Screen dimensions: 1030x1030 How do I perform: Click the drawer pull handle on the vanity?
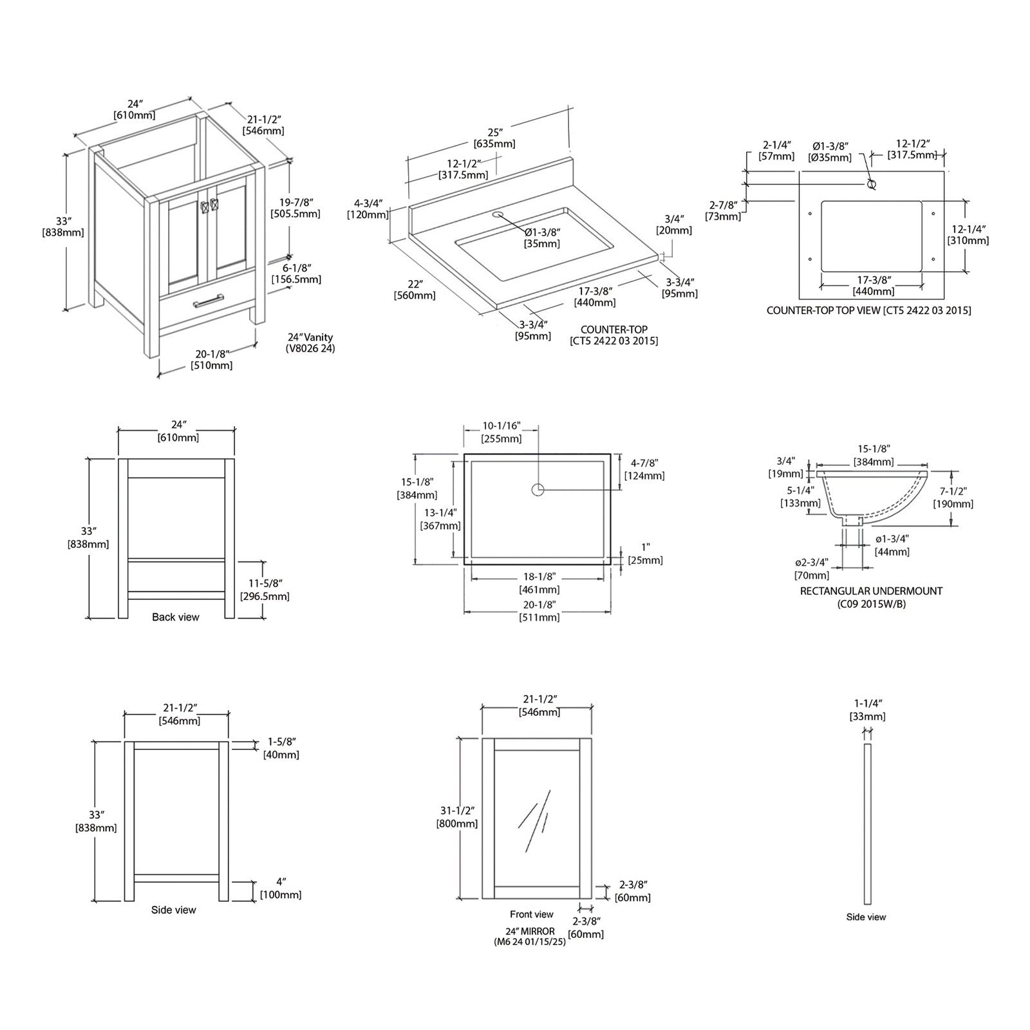tap(208, 300)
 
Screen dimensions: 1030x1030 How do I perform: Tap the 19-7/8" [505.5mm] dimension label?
tap(295, 207)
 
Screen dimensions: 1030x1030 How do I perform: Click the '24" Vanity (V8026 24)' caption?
tap(310, 343)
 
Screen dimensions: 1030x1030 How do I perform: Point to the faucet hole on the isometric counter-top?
tap(497, 214)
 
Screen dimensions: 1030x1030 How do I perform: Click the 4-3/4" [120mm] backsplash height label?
tap(368, 209)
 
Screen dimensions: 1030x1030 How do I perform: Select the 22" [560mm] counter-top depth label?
tap(415, 290)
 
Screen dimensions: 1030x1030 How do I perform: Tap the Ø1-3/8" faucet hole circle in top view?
tap(872, 184)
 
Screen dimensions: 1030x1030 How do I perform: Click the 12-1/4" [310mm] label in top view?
tap(968, 234)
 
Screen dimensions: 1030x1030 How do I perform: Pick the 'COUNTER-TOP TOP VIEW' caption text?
tap(868, 310)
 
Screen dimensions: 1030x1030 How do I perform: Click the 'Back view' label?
tap(176, 617)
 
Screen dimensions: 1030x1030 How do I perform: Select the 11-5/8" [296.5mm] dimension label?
tap(265, 590)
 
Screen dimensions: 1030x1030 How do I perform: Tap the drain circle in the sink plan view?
tap(538, 489)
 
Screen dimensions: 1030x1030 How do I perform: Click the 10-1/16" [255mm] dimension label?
tap(501, 433)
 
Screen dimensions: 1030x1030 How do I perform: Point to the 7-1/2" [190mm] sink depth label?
tap(953, 498)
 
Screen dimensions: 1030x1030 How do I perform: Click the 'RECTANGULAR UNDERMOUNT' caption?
tap(871, 590)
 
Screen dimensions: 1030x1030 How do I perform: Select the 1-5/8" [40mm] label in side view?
tap(281, 748)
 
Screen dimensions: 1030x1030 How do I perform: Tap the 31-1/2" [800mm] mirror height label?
tap(457, 817)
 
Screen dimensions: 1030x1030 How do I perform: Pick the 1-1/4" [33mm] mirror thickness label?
tap(868, 709)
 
